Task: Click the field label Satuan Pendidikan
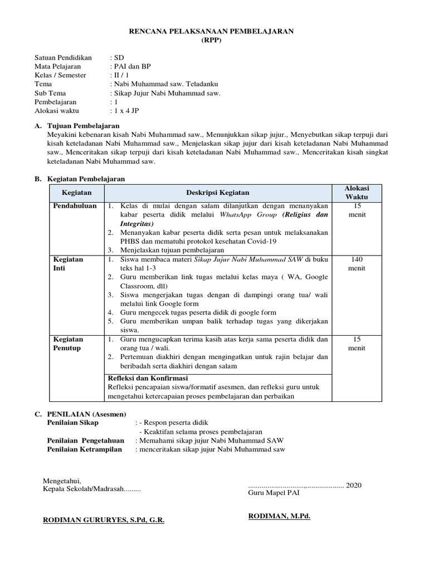click(63, 57)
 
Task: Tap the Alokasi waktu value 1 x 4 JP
click(127, 111)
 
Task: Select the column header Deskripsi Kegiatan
click(217, 193)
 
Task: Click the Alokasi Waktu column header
click(356, 193)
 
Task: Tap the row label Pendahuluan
click(74, 206)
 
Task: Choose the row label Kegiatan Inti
click(67, 264)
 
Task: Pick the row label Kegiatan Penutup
click(67, 343)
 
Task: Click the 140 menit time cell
click(356, 264)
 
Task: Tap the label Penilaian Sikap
click(74, 422)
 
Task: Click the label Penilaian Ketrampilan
click(84, 449)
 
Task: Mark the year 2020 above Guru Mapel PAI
click(354, 485)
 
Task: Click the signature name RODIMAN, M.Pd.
click(279, 516)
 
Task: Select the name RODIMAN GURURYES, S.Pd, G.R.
click(104, 520)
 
